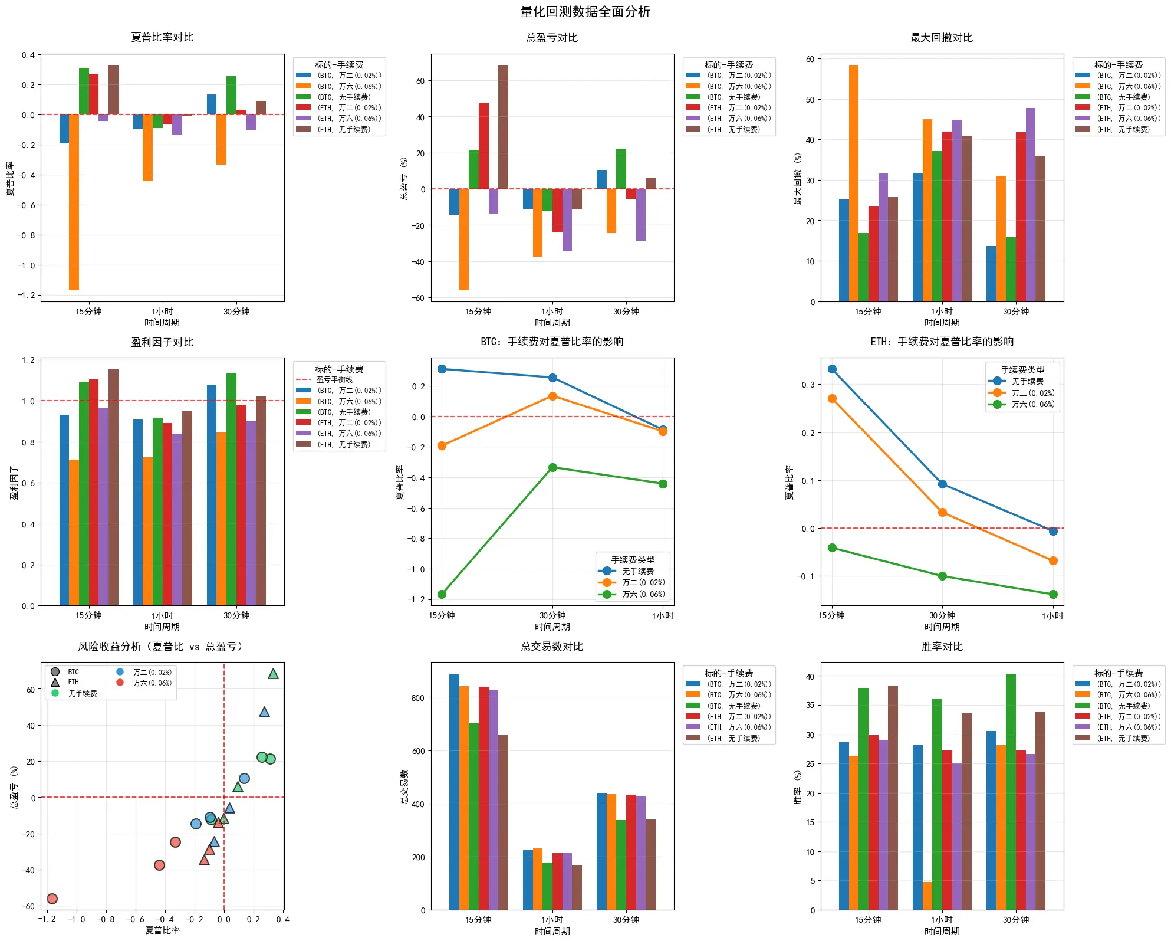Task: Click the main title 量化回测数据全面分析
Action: pyautogui.click(x=585, y=12)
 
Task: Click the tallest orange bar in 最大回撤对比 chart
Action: pyautogui.click(x=854, y=183)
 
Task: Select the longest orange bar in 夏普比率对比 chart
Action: pyautogui.click(x=74, y=202)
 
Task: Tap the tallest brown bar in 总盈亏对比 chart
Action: pyautogui.click(x=503, y=127)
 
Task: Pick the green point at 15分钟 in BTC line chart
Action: pyautogui.click(x=442, y=594)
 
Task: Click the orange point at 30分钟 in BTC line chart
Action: pyautogui.click(x=552, y=396)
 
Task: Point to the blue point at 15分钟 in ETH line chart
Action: pyautogui.click(x=832, y=369)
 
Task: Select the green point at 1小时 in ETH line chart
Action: pyautogui.click(x=1053, y=594)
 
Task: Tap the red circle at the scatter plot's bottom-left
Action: pyautogui.click(x=52, y=899)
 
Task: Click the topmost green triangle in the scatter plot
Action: pyautogui.click(x=273, y=674)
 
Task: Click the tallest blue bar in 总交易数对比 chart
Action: pyautogui.click(x=454, y=792)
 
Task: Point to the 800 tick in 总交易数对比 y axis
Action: pyautogui.click(x=418, y=698)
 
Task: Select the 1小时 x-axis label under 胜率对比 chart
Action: pyautogui.click(x=942, y=920)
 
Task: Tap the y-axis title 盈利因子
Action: pyautogui.click(x=14, y=483)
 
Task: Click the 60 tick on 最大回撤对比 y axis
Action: pyautogui.click(x=810, y=59)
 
